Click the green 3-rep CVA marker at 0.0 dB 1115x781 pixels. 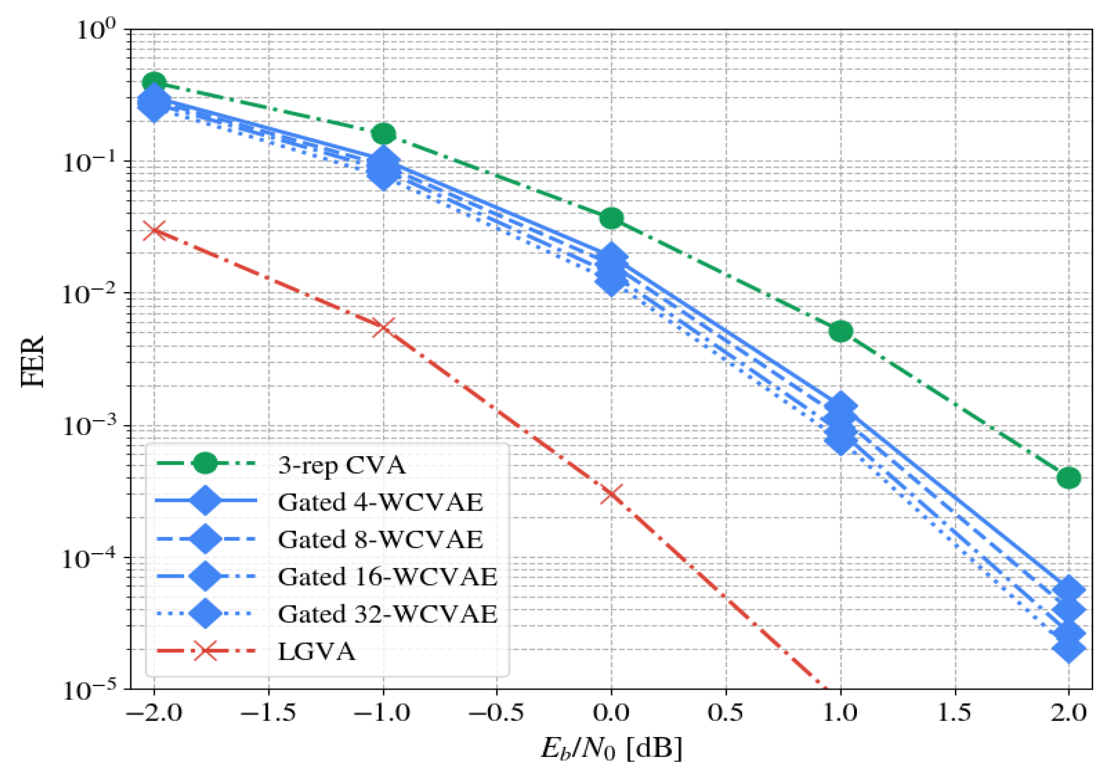pos(611,218)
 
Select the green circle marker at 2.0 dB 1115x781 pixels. pos(1068,478)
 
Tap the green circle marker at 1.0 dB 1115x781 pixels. pos(840,332)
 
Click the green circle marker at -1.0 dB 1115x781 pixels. pos(384,133)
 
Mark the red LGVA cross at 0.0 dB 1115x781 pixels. pos(611,495)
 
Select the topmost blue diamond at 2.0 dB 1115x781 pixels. pos(1068,590)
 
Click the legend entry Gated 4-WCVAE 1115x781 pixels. pos(380,502)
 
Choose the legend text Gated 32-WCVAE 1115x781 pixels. pos(387,614)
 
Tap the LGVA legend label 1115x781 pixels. pos(316,651)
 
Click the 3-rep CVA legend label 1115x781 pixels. pos(341,465)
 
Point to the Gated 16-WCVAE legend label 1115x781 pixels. pos(387,577)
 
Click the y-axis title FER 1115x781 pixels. pos(33,361)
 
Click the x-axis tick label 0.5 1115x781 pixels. pos(725,713)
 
